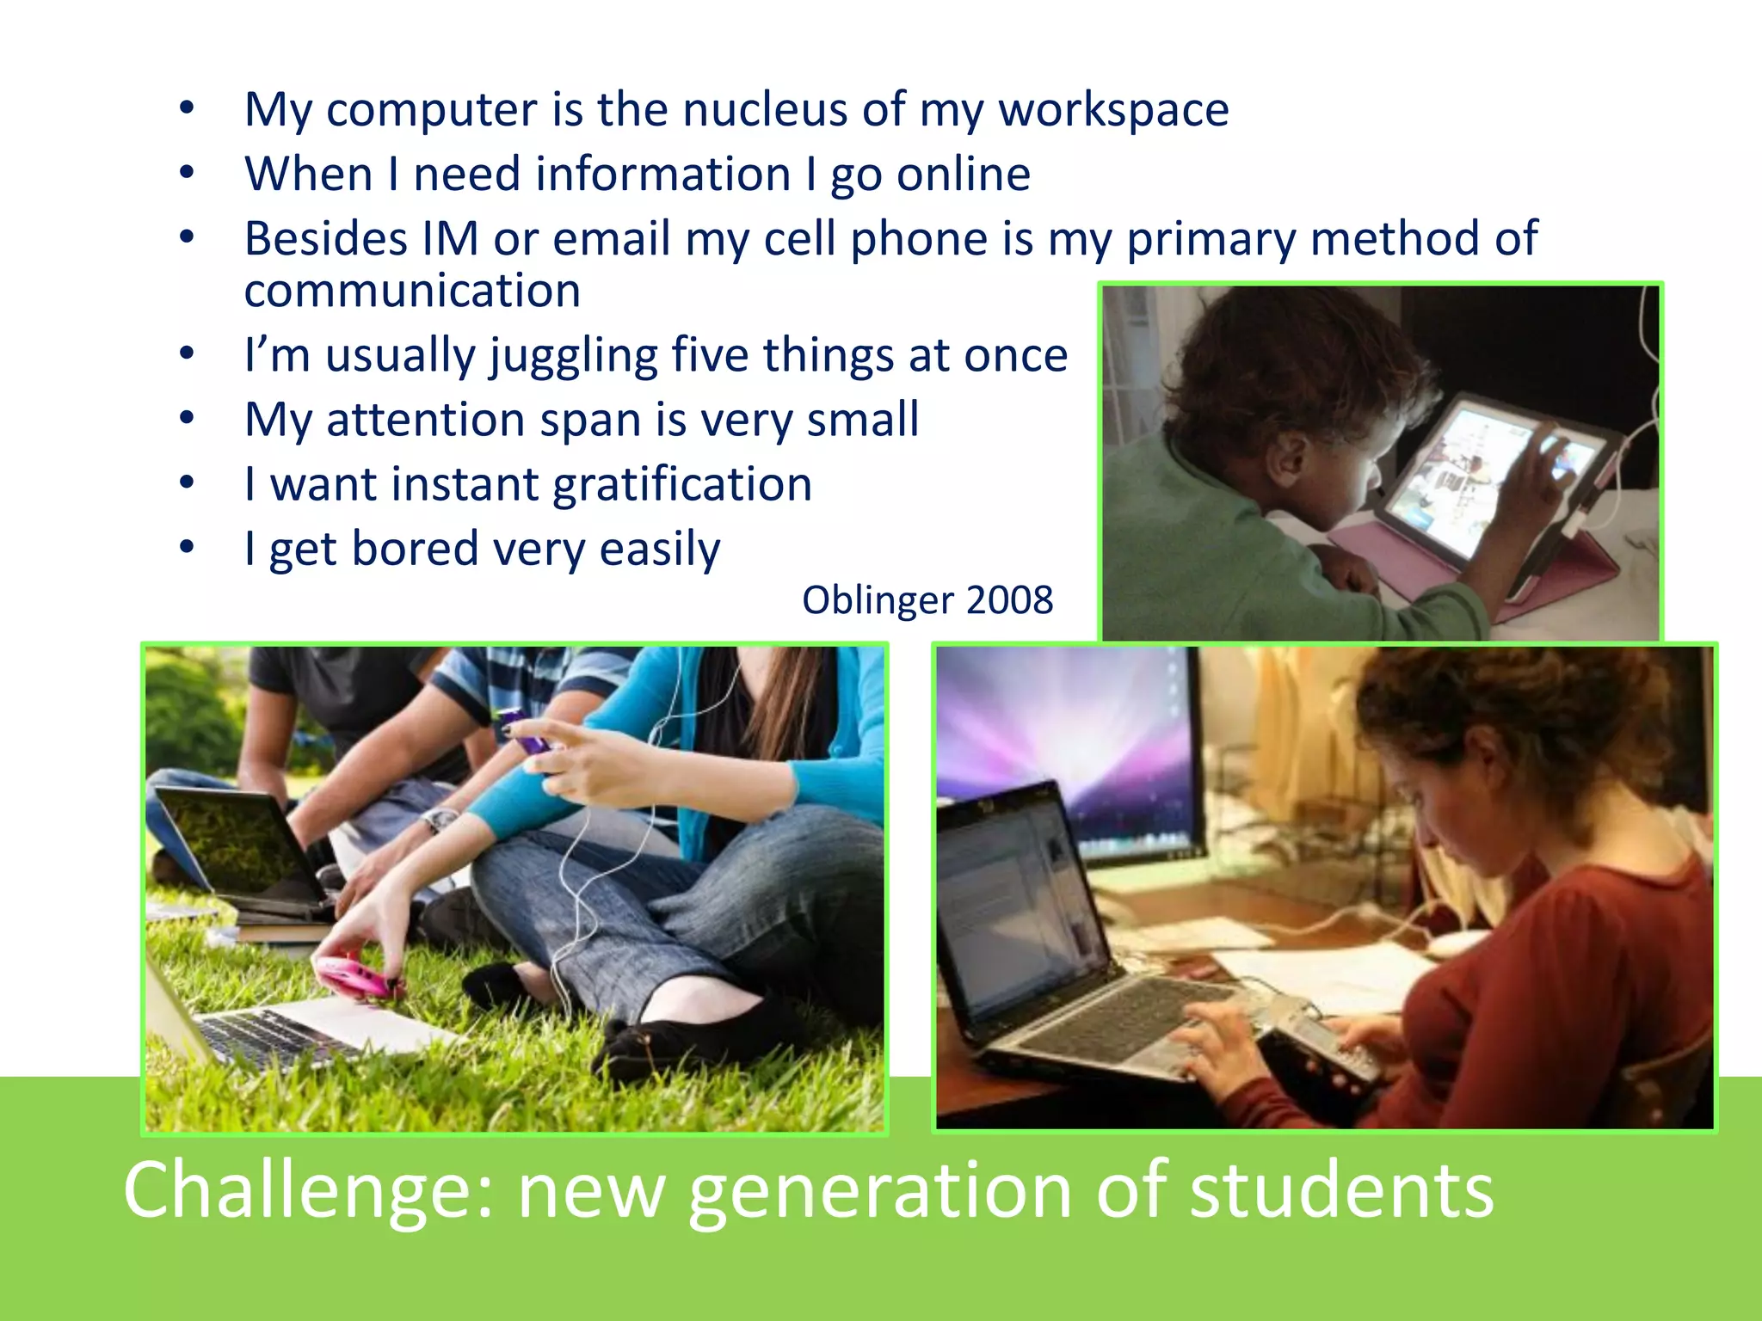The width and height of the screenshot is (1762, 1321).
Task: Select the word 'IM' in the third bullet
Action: (449, 238)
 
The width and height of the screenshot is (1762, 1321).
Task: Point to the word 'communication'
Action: (412, 291)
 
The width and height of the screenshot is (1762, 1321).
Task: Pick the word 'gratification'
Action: (682, 484)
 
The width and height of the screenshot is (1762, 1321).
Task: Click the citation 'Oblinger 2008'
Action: (927, 600)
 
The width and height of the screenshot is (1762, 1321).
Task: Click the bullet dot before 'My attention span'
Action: (187, 420)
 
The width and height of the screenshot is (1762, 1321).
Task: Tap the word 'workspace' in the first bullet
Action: (1113, 110)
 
